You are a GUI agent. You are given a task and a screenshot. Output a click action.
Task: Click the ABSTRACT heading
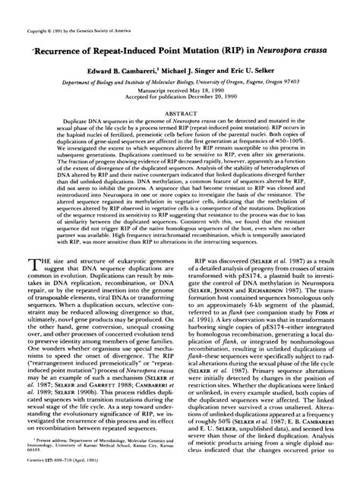coord(180,112)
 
